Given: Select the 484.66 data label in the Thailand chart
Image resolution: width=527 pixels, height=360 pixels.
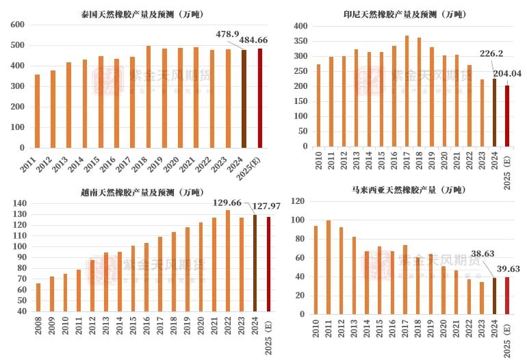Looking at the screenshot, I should point(253,40).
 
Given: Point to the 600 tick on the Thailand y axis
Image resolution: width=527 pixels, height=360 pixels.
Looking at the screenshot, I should point(18,25).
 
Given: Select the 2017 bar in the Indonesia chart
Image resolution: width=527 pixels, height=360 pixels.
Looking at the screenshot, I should point(407,91).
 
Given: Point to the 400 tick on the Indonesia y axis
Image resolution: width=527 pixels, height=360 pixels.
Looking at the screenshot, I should point(298,25).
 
